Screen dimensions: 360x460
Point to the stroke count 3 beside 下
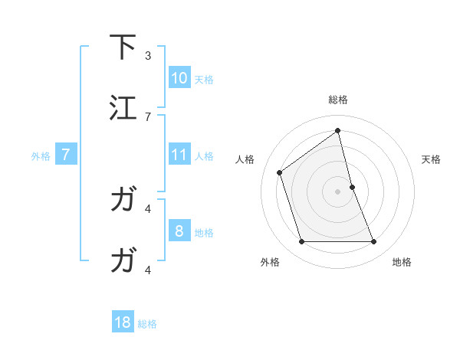coord(148,55)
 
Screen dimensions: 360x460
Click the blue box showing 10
coord(179,77)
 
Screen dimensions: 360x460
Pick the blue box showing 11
coord(179,155)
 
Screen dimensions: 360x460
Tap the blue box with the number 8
coord(179,231)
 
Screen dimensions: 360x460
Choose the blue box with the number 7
coord(67,155)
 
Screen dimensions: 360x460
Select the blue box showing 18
coord(123,322)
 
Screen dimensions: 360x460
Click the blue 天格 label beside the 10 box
coord(204,79)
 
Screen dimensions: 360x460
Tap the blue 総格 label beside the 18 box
coord(147,324)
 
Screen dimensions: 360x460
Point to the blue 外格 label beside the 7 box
coord(41,156)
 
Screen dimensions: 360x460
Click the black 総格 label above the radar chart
coord(338,100)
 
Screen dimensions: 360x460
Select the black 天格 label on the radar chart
coord(432,159)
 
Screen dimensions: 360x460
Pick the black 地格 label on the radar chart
coord(402,262)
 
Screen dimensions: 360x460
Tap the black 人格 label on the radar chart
coord(245,159)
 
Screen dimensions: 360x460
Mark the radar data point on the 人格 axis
coord(280,172)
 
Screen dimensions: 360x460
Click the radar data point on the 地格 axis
coord(374,242)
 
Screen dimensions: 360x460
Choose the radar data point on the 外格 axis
coord(301,242)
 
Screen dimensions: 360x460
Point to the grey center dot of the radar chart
coord(338,191)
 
